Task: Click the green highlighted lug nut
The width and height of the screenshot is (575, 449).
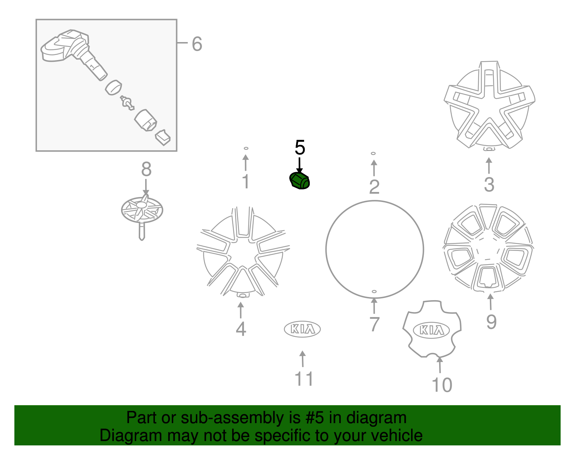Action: (x=300, y=180)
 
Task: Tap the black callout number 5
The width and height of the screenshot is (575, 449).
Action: (x=300, y=148)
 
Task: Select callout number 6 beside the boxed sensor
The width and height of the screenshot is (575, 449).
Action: (x=197, y=44)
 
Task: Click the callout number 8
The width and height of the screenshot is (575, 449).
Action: (x=146, y=169)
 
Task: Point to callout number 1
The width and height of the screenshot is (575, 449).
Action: (x=246, y=182)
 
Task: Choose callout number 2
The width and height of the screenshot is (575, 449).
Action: (x=374, y=187)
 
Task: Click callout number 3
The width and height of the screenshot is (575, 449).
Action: (x=489, y=185)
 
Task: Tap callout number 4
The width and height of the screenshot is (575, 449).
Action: (x=241, y=329)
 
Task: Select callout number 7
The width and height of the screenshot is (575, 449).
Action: (x=374, y=324)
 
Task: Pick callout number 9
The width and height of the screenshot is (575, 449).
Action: (x=491, y=322)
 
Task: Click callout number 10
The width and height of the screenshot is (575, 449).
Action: (x=442, y=385)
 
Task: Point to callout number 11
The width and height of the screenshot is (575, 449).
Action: (x=304, y=379)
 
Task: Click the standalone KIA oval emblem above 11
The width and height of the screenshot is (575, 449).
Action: (x=302, y=329)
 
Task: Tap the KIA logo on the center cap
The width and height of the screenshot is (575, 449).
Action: (x=431, y=330)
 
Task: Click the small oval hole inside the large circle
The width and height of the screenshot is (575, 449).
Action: (x=374, y=292)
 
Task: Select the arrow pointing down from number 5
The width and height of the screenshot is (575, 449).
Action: (x=299, y=166)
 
